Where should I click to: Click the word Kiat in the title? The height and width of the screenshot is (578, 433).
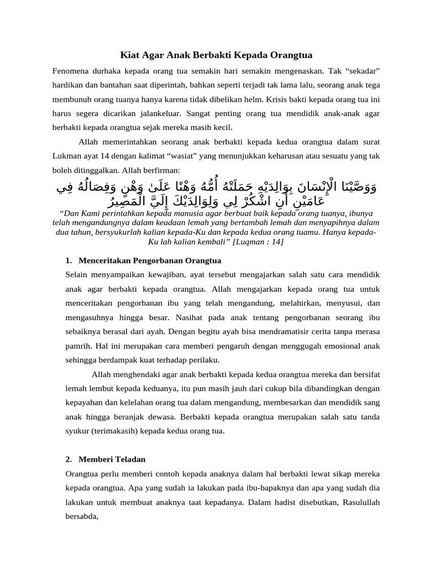coord(131,55)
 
